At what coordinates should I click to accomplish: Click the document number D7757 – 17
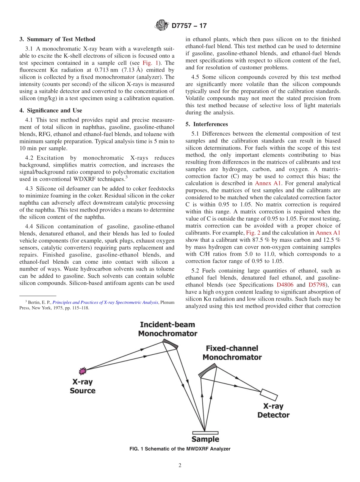tap(189, 26)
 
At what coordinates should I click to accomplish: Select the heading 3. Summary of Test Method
tap(57, 39)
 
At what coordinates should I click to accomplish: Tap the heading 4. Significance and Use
tap(51, 111)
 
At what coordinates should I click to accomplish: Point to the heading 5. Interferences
tap(207, 124)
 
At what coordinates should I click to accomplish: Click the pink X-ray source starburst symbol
tap(83, 370)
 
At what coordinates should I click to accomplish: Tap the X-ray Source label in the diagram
tap(82, 386)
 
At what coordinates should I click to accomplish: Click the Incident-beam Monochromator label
tap(167, 329)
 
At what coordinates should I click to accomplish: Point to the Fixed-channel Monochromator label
tap(232, 353)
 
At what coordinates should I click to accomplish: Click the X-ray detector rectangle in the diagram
tap(269, 394)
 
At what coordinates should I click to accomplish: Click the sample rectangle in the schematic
tap(205, 432)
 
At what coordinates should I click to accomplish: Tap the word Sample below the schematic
tap(205, 440)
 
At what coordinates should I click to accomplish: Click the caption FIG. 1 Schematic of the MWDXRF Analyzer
tap(180, 449)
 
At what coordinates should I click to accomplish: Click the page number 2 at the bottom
tap(180, 466)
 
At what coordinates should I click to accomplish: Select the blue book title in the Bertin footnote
tap(105, 302)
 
